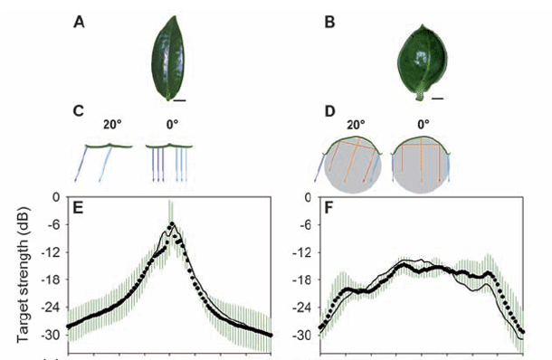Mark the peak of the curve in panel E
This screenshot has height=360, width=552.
172,223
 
